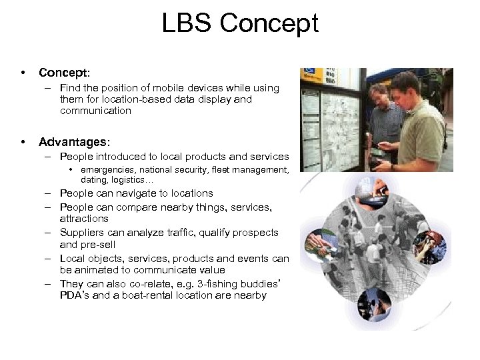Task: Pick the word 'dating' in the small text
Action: (92, 179)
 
